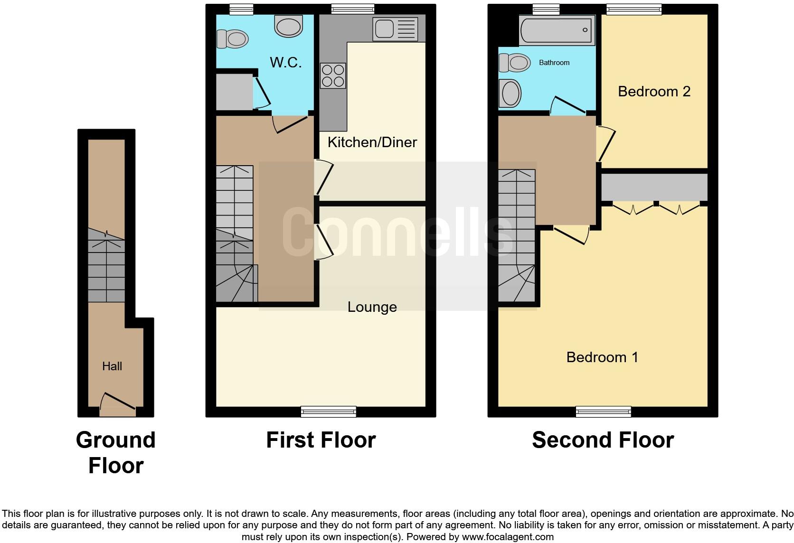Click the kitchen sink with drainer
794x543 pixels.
(x=395, y=29)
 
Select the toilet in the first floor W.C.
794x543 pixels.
(x=233, y=39)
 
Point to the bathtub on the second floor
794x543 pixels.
(x=557, y=30)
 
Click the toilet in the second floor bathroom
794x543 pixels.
(x=514, y=63)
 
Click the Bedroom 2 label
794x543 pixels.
(x=654, y=91)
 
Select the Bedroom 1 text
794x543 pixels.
(x=602, y=357)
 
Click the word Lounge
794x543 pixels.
(x=372, y=307)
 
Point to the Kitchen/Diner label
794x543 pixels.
(x=372, y=142)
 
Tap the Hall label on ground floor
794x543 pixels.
(x=112, y=366)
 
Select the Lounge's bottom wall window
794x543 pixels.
(x=328, y=412)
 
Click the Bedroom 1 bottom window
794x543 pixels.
(x=603, y=412)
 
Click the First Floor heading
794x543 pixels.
(x=321, y=440)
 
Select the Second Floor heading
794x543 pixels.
(x=603, y=440)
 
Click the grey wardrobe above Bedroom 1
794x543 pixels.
(x=654, y=187)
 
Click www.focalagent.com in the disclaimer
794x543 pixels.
(x=507, y=537)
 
